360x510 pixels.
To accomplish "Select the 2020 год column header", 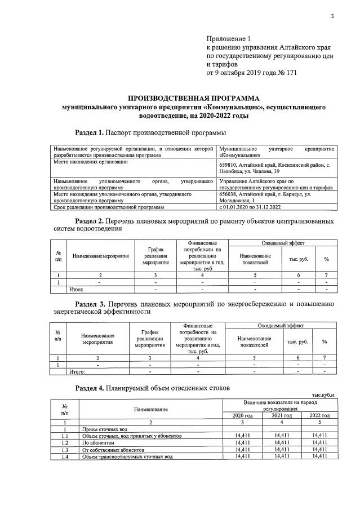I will pos(242,415).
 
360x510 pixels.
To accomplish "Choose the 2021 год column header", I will pos(281,415).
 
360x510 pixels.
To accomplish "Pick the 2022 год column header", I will pos(318,415).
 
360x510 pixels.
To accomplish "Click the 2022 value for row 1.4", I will pos(318,456).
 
